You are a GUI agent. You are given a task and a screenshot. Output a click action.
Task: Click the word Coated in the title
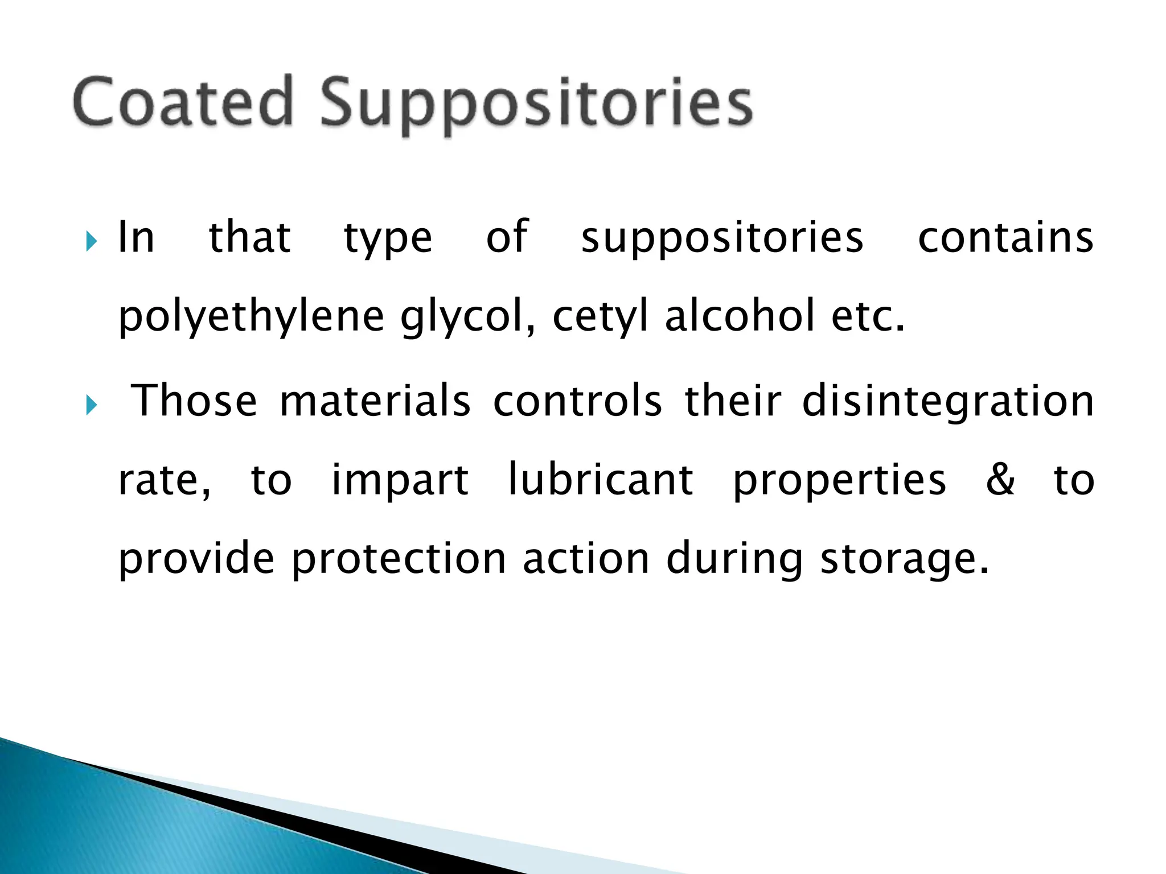pyautogui.click(x=183, y=102)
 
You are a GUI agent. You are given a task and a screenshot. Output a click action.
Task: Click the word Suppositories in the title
pyautogui.click(x=536, y=105)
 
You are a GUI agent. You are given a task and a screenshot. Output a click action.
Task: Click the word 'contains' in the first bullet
pyautogui.click(x=1005, y=238)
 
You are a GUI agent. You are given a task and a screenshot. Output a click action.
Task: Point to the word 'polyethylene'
pyautogui.click(x=251, y=318)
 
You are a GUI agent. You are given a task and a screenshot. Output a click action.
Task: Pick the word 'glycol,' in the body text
pyautogui.click(x=468, y=318)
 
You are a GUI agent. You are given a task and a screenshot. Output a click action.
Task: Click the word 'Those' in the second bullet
pyautogui.click(x=194, y=401)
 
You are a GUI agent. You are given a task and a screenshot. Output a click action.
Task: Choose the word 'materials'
pyautogui.click(x=375, y=401)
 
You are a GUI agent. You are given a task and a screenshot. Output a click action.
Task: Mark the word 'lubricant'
pyautogui.click(x=601, y=480)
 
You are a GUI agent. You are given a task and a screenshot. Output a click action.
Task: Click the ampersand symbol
pyautogui.click(x=1000, y=480)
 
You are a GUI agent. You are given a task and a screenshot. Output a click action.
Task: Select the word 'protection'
pyautogui.click(x=399, y=559)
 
